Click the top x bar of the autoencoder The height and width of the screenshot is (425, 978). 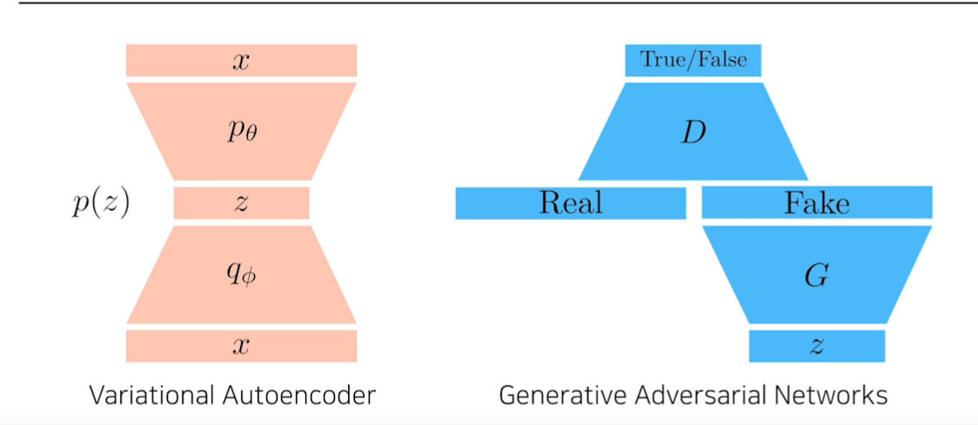point(241,61)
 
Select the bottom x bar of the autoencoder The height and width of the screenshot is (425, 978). point(241,346)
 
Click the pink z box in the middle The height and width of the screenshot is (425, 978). point(241,203)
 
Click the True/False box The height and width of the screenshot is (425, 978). point(693,61)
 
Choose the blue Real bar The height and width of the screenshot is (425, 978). point(570,203)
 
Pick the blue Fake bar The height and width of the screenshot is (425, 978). point(816,203)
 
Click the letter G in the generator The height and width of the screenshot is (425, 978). point(816,276)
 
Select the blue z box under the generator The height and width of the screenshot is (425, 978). point(816,346)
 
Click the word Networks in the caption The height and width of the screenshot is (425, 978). point(835,396)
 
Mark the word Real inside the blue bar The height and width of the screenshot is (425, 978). point(570,203)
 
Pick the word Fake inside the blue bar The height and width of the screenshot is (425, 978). point(816,203)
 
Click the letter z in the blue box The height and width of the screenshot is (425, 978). point(816,347)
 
